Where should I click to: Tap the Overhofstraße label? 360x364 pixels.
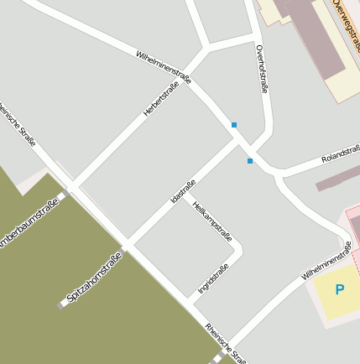[263, 68]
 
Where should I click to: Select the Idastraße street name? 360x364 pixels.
[183, 191]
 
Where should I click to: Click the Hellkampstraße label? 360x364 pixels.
[211, 221]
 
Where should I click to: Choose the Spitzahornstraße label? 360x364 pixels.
[94, 277]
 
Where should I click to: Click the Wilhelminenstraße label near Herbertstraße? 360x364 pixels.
[164, 68]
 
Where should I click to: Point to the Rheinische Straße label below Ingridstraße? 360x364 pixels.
[225, 344]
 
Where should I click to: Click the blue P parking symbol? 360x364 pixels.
[340, 290]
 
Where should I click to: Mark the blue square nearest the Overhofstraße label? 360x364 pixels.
[234, 125]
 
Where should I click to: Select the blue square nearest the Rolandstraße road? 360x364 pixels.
[250, 160]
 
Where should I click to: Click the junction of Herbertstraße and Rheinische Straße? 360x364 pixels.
[72, 185]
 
